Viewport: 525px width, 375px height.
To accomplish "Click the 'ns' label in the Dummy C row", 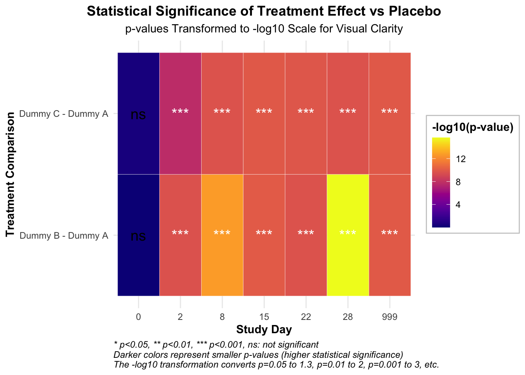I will tap(138, 115).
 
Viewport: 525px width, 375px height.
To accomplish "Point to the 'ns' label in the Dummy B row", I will tap(138, 236).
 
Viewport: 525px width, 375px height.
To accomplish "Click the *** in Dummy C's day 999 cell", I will tap(389, 112).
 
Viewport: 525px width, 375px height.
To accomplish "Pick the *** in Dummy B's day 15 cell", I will tap(264, 234).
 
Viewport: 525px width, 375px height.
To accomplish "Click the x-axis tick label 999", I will tap(389, 317).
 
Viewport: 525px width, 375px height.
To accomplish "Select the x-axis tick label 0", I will tap(138, 317).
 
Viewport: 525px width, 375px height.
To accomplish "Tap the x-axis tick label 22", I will tap(306, 317).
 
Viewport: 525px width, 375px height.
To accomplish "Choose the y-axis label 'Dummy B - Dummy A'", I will tap(64, 236).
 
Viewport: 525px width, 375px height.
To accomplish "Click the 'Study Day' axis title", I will tap(264, 330).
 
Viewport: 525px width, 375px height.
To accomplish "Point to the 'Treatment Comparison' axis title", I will tap(11, 174).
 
